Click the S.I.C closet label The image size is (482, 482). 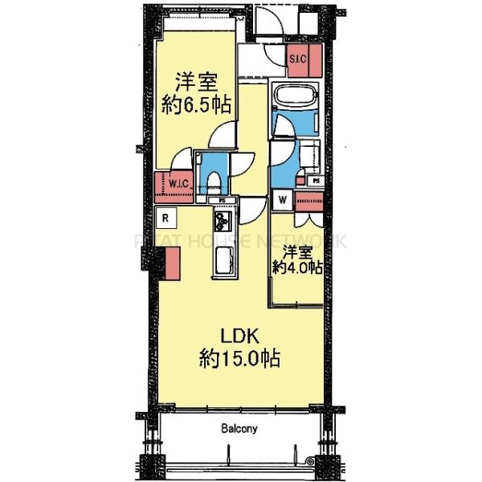pyautogui.click(x=296, y=57)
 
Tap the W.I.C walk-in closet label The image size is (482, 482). pyautogui.click(x=178, y=184)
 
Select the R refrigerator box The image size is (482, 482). pyautogui.click(x=164, y=216)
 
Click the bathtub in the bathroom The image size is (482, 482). pyautogui.click(x=296, y=97)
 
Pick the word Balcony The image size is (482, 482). pyautogui.click(x=239, y=429)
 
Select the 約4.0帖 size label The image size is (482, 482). pyautogui.click(x=297, y=268)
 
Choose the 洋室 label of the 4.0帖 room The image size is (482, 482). pyautogui.click(x=296, y=250)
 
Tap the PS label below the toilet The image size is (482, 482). pyautogui.click(x=222, y=200)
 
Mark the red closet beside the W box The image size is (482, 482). pyautogui.click(x=310, y=201)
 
